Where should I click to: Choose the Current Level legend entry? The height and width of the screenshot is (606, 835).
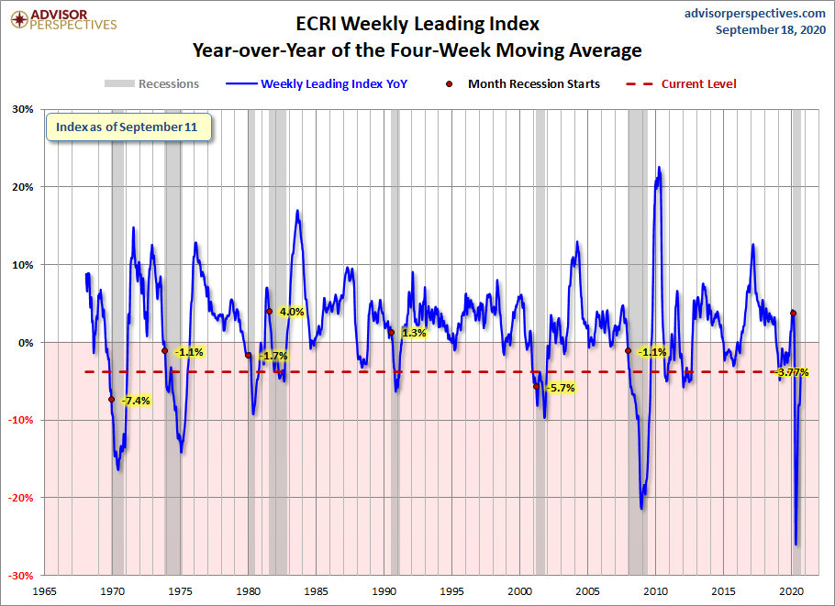coord(683,83)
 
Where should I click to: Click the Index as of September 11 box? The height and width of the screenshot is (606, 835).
coord(129,127)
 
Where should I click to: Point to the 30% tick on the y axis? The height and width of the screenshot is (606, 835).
coord(22,109)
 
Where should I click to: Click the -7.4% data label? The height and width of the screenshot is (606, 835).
coord(135,401)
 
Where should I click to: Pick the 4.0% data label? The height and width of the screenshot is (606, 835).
coord(291,312)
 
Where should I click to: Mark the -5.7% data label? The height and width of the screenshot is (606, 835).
coord(560,388)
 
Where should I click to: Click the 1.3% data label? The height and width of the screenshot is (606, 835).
coord(414,333)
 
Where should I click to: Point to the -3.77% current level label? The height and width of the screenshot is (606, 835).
coord(791,372)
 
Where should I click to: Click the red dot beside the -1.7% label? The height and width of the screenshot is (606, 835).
coord(249,356)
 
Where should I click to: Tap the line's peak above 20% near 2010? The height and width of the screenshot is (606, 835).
coord(659,168)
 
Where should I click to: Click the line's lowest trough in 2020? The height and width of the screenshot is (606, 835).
coord(796,544)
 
